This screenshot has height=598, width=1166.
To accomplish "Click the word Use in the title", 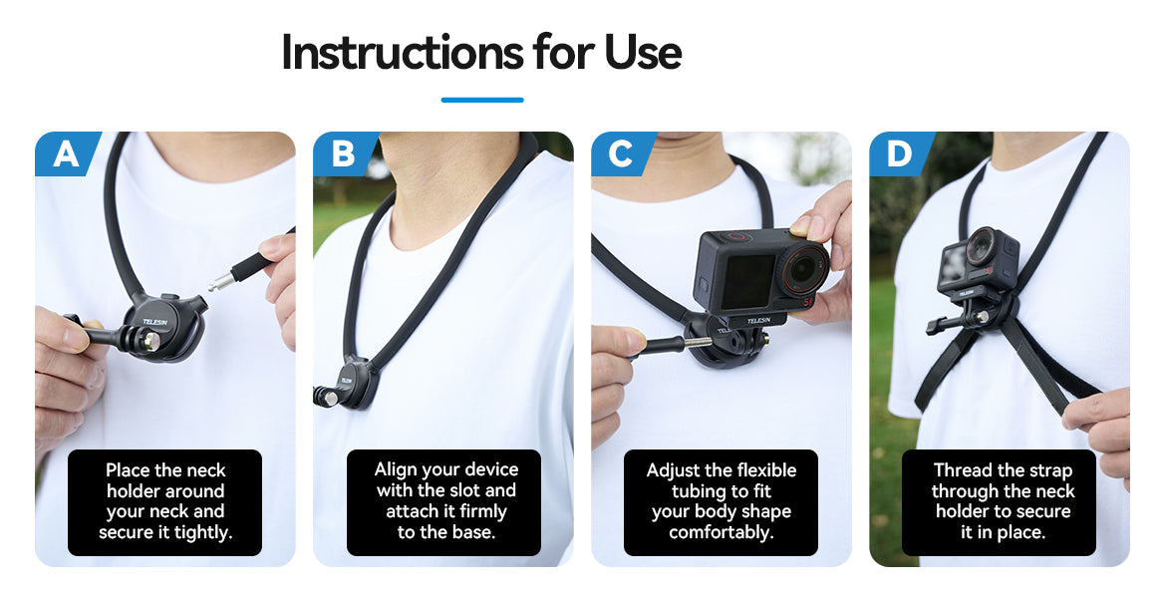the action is click(643, 52).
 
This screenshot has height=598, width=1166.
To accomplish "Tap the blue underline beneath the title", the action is click(482, 100).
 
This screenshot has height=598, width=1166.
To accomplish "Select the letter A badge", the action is click(67, 153).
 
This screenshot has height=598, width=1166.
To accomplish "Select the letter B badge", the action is click(345, 153).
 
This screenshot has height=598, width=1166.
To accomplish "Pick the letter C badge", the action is click(623, 153).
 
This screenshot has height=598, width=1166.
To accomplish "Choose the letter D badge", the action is click(901, 153).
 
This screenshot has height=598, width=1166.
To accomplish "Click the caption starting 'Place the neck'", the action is click(165, 501).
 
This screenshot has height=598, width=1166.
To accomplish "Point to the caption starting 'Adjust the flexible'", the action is click(721, 501).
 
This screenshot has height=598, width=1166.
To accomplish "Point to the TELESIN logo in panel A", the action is click(155, 322).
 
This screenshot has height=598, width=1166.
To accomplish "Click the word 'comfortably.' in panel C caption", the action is click(721, 532).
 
